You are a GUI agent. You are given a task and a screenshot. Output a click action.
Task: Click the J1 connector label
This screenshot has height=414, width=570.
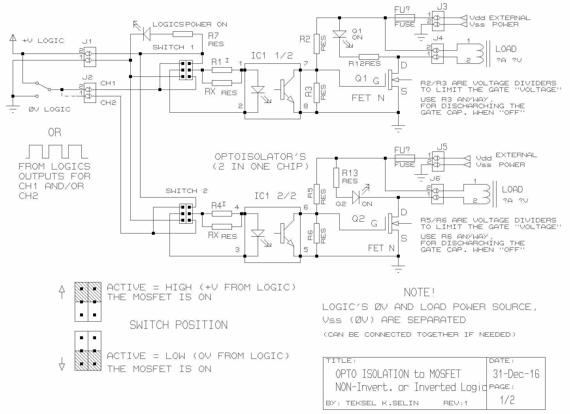[x=87, y=41]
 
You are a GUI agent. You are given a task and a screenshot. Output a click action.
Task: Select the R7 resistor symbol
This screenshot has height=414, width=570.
[x=183, y=34]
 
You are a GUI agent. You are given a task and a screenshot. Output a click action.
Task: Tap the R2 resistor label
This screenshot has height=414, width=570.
[x=304, y=39]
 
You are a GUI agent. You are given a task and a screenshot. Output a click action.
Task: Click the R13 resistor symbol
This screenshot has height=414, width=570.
[x=336, y=178]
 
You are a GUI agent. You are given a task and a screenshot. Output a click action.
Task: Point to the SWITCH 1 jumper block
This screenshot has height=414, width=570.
[x=186, y=70]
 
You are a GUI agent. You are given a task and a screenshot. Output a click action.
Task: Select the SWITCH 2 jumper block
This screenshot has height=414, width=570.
[x=186, y=214]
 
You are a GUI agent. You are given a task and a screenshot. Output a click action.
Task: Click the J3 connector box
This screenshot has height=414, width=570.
[x=438, y=21]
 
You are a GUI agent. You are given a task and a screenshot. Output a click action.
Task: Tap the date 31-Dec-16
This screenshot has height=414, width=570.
[x=516, y=374]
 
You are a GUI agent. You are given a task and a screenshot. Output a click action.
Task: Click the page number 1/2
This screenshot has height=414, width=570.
[x=507, y=400]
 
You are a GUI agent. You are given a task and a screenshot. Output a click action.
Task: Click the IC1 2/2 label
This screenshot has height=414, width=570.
[x=275, y=196]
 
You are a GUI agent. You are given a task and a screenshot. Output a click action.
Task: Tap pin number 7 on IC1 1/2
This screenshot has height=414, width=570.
[x=306, y=63]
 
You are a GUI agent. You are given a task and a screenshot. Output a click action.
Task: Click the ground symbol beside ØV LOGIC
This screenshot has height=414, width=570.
[x=13, y=109]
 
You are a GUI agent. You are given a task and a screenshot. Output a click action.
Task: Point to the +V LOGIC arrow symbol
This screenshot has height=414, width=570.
[x=13, y=38]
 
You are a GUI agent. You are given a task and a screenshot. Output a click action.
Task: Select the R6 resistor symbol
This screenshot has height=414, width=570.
[x=317, y=233]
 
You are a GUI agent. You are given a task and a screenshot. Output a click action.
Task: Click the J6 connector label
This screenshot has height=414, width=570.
[x=435, y=179]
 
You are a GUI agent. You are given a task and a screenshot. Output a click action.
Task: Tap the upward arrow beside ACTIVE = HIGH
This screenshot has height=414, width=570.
[x=62, y=292]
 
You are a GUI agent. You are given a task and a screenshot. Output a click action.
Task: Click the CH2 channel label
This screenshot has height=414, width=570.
[x=108, y=103]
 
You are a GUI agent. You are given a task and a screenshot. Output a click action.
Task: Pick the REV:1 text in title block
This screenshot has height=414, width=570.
[x=455, y=403]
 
